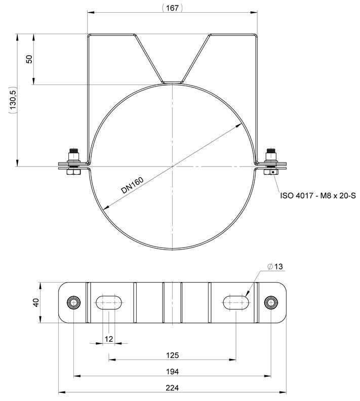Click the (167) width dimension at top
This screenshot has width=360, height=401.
(x=172, y=8)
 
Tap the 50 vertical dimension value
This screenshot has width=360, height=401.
(x=30, y=59)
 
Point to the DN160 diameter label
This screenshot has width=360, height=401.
(x=132, y=185)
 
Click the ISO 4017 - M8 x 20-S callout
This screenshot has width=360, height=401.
(x=318, y=196)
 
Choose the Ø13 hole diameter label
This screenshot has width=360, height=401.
(x=275, y=266)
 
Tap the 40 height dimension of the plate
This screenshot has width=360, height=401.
(x=36, y=303)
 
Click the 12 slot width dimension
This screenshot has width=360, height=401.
(x=109, y=339)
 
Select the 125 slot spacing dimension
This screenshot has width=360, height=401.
(x=172, y=355)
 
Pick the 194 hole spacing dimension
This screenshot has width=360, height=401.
(x=172, y=372)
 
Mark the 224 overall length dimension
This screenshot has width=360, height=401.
(x=172, y=388)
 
